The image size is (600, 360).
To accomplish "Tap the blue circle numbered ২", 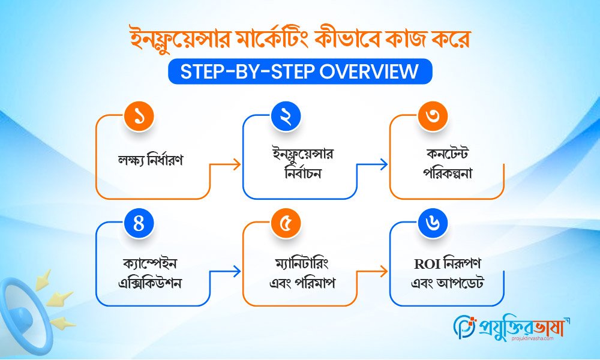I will [286, 118].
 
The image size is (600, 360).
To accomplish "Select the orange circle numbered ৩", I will [433, 118].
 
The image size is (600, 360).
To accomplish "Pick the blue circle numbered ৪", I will [139, 223].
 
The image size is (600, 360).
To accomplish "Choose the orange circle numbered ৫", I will [286, 223].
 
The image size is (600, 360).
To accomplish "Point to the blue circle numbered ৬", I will [433, 223].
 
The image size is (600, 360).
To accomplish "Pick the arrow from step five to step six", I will [381, 272].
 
